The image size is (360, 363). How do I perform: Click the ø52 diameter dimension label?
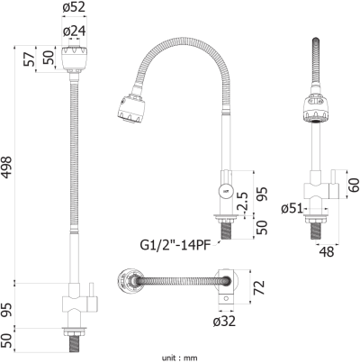coord(74,7)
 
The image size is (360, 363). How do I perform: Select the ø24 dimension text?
coord(75,31)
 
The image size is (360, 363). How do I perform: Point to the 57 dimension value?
coord(29,59)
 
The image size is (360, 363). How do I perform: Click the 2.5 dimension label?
coord(242,202)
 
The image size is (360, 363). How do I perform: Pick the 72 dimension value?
coord(259,287)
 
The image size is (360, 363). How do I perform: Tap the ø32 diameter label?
coord(224,322)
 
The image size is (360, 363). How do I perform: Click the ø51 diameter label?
coord(292,208)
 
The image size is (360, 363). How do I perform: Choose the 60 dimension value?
coord(354,185)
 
